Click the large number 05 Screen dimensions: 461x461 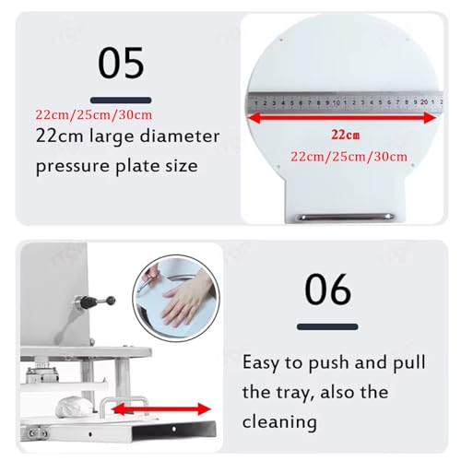pyautogui.click(x=121, y=64)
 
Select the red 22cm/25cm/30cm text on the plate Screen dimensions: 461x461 pyautogui.click(x=349, y=157)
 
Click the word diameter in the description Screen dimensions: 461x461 pyautogui.click(x=185, y=137)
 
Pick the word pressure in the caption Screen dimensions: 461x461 pyautogui.click(x=70, y=168)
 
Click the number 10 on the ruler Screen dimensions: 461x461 pyautogui.click(x=340, y=100)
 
